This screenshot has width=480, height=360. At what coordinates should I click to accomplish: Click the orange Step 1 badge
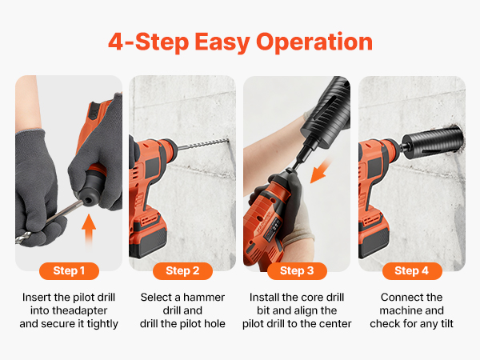[x=69, y=271]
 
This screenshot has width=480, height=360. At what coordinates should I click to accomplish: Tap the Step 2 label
[x=182, y=271]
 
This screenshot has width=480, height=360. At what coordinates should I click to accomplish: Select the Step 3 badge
[x=297, y=271]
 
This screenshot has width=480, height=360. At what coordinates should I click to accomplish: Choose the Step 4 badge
[x=412, y=271]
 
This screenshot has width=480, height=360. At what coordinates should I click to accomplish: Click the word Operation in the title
[x=314, y=42]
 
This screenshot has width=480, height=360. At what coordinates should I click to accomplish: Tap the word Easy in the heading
[x=222, y=42]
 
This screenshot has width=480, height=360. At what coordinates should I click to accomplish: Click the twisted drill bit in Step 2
[x=203, y=144]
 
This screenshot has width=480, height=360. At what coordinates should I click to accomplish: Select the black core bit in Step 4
[x=432, y=142]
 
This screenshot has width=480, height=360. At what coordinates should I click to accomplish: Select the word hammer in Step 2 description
[x=204, y=298]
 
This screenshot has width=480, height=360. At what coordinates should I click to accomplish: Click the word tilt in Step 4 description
[x=446, y=323]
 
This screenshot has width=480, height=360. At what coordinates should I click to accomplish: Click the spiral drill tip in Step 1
[x=23, y=238]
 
